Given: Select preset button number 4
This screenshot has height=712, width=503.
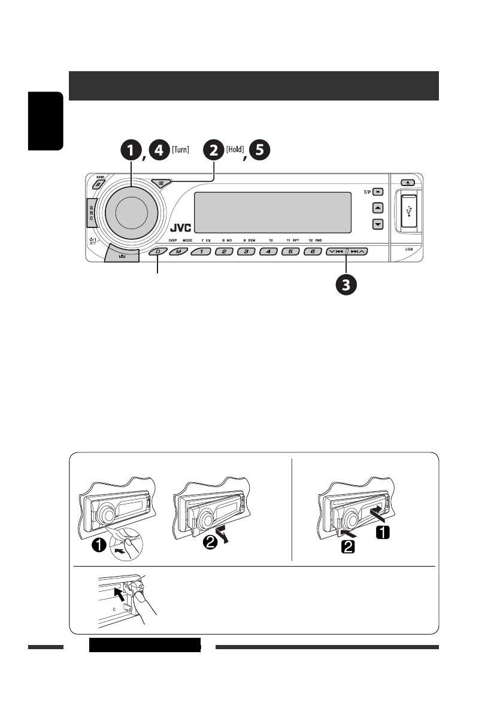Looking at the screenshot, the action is pyautogui.click(x=268, y=252).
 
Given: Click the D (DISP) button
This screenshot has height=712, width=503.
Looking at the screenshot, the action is pyautogui.click(x=158, y=252).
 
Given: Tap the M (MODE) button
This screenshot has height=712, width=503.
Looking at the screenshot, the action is pyautogui.click(x=178, y=252).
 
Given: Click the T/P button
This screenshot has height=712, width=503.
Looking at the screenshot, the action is pyautogui.click(x=378, y=193).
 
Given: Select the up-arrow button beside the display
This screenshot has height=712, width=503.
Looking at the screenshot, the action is pyautogui.click(x=377, y=208).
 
